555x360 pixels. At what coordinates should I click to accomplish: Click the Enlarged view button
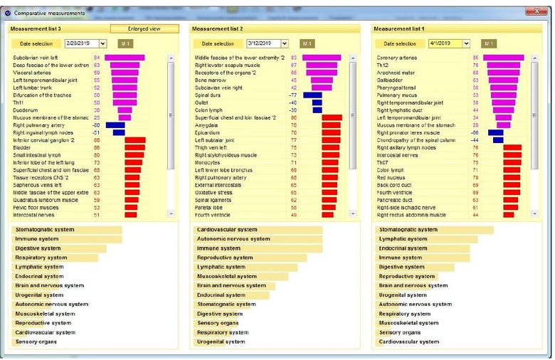pyautogui.click(x=144, y=28)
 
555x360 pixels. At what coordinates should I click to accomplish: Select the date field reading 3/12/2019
pyautogui.click(x=263, y=44)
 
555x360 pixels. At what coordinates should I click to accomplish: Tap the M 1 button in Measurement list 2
pyautogui.click(x=307, y=44)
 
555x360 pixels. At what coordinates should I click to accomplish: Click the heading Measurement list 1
pyautogui.click(x=400, y=28)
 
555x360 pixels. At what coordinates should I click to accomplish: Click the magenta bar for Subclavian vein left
pyautogui.click(x=125, y=58)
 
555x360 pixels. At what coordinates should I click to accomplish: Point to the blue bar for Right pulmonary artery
pyautogui.click(x=115, y=125)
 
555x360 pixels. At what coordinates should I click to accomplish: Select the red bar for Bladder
pyautogui.click(x=135, y=147)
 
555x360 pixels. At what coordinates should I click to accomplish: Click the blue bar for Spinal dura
pyautogui.click(x=312, y=95)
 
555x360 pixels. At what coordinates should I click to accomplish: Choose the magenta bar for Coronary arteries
pyautogui.click(x=504, y=58)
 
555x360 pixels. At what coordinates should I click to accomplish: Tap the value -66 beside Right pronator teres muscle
pyautogui.click(x=474, y=132)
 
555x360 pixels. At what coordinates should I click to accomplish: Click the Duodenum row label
pyautogui.click(x=26, y=110)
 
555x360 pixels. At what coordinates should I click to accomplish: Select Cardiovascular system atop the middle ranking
pyautogui.click(x=227, y=230)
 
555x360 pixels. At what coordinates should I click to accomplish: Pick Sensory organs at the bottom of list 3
pyautogui.click(x=37, y=342)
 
